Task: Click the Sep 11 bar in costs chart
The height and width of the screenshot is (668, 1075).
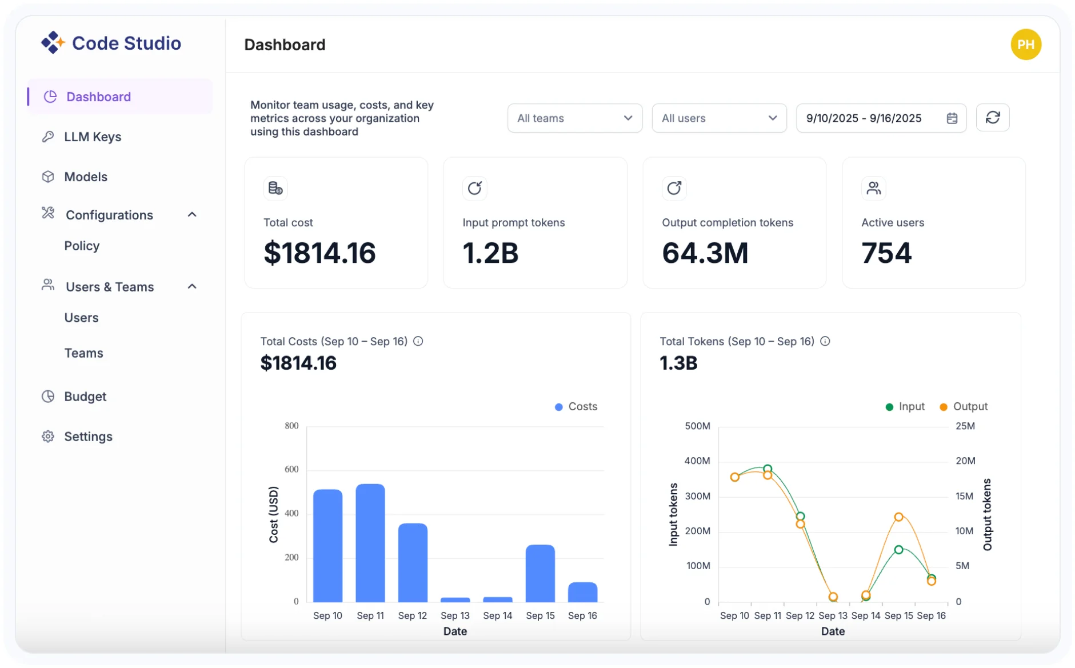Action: (x=370, y=543)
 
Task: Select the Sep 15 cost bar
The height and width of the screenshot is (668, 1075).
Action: (x=540, y=573)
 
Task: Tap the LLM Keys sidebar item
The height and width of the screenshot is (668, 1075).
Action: (x=93, y=137)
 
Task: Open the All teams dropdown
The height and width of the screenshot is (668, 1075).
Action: (x=574, y=118)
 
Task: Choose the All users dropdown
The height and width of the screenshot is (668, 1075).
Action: (x=719, y=118)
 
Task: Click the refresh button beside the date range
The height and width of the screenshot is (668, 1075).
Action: (x=992, y=118)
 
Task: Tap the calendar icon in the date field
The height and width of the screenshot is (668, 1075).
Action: (x=952, y=118)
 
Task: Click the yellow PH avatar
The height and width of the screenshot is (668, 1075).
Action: (x=1025, y=45)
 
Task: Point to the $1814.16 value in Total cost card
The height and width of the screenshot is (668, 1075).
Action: (x=319, y=253)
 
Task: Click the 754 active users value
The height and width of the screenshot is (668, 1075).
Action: (x=886, y=253)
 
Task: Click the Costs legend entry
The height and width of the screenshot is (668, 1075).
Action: (x=576, y=406)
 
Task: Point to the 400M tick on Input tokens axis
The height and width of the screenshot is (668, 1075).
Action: (x=697, y=461)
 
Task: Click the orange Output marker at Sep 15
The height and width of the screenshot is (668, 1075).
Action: (x=898, y=517)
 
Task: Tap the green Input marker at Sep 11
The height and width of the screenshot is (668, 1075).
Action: (x=768, y=469)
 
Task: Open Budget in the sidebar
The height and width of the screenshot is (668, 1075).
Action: (x=85, y=396)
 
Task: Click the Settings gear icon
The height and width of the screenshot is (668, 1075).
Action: (x=48, y=437)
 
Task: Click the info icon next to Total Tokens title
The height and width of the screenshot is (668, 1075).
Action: (x=825, y=341)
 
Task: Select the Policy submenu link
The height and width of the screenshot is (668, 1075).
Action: (x=82, y=246)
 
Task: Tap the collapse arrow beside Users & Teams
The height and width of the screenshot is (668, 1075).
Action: (x=192, y=286)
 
